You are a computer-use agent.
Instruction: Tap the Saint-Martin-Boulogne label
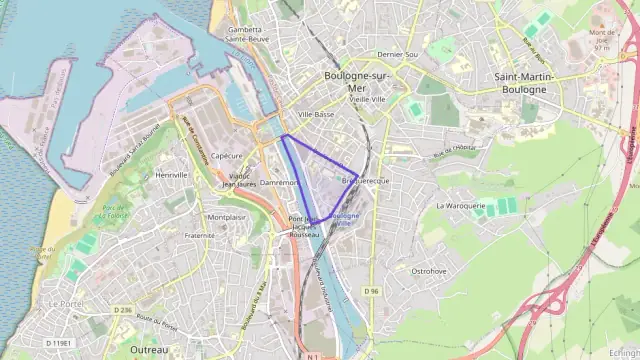coord(520,82)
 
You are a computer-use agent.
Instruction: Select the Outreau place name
coord(150,349)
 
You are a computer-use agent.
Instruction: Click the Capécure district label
coord(227,156)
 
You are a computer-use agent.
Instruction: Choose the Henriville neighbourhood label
coord(172,174)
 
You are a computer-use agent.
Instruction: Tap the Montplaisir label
coord(225,217)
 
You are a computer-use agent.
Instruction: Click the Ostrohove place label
coord(428,270)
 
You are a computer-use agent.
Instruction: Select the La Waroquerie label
coord(460,205)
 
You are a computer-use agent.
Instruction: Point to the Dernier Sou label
coord(396,54)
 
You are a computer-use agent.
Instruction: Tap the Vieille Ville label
coord(367,100)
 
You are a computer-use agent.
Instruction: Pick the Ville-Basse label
coord(316,115)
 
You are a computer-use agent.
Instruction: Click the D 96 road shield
coord(372,291)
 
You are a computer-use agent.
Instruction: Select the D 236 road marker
coord(122,310)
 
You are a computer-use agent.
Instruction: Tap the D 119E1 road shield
coord(58,343)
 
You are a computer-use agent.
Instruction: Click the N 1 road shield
coord(313,355)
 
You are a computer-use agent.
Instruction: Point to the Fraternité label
coord(200,236)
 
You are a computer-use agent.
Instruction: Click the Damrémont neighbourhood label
coord(279,183)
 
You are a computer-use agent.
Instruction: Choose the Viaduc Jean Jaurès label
coord(239,180)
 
